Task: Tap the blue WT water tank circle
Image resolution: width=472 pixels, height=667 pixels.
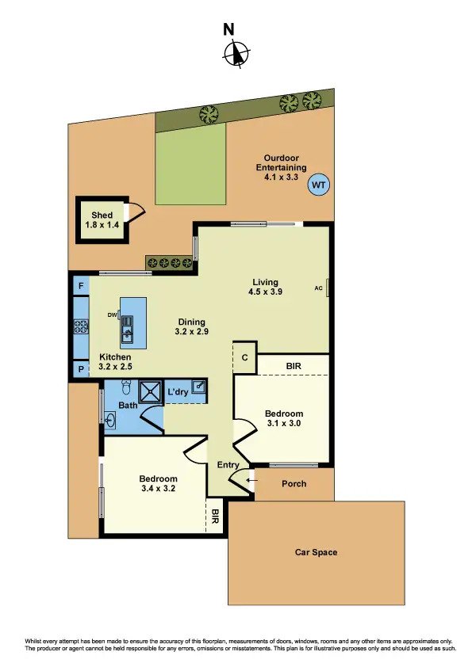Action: pos(319,185)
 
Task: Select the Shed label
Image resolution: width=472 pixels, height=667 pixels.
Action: pos(102,215)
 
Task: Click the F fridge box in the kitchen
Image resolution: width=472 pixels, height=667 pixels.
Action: pos(81,285)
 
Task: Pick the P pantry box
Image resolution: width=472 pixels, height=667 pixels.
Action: pos(81,368)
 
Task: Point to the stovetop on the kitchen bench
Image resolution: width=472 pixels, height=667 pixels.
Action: pos(80,326)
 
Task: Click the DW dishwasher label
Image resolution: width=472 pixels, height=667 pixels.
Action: pos(112,315)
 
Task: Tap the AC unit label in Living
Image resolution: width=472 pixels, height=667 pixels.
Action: pos(318,288)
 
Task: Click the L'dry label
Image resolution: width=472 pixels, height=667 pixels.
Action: pos(177,392)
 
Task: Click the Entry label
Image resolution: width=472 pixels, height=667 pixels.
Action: pos(228,465)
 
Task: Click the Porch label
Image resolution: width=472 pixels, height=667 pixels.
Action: pos(294,483)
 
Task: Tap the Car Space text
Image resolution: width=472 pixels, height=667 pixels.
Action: pos(316,552)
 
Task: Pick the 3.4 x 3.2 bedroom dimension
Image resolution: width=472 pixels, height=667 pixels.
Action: pos(158,490)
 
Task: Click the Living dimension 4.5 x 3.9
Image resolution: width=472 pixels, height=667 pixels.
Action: pos(265,292)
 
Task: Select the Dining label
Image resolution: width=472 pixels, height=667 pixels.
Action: pos(191,322)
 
